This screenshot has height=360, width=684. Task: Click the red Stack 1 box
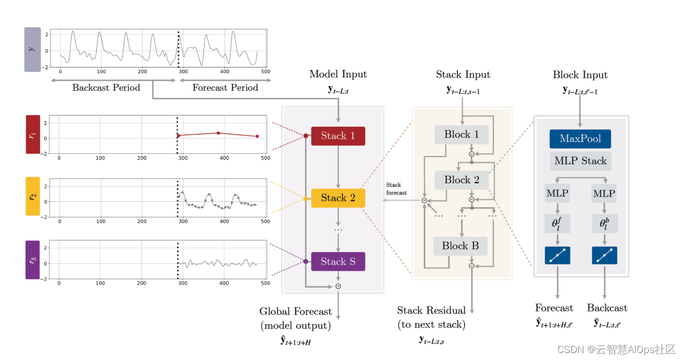(x=338, y=136)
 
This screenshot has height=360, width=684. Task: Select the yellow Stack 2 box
(x=338, y=198)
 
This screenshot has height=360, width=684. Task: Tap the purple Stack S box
(x=338, y=262)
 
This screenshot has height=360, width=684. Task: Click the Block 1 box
(x=462, y=135)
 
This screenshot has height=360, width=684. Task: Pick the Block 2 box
(x=462, y=180)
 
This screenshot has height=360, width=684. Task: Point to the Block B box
(x=460, y=246)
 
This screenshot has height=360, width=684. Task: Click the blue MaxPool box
(x=580, y=139)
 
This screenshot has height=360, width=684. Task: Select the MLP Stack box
(x=580, y=161)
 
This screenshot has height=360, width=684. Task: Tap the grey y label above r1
(x=33, y=49)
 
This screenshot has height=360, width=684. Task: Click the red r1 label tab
(x=33, y=134)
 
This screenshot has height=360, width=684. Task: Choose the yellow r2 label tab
(x=33, y=197)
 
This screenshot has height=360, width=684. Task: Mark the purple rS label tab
(x=33, y=260)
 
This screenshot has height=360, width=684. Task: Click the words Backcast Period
(x=106, y=88)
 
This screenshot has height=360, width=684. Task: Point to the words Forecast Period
(x=225, y=88)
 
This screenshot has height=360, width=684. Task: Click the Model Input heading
(x=338, y=74)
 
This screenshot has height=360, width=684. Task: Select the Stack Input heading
(x=463, y=74)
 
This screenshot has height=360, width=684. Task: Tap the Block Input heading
(x=580, y=75)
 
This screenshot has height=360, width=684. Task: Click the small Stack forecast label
(x=397, y=189)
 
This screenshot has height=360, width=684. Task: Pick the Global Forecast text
(x=296, y=311)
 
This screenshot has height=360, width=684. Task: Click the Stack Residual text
(x=431, y=310)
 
